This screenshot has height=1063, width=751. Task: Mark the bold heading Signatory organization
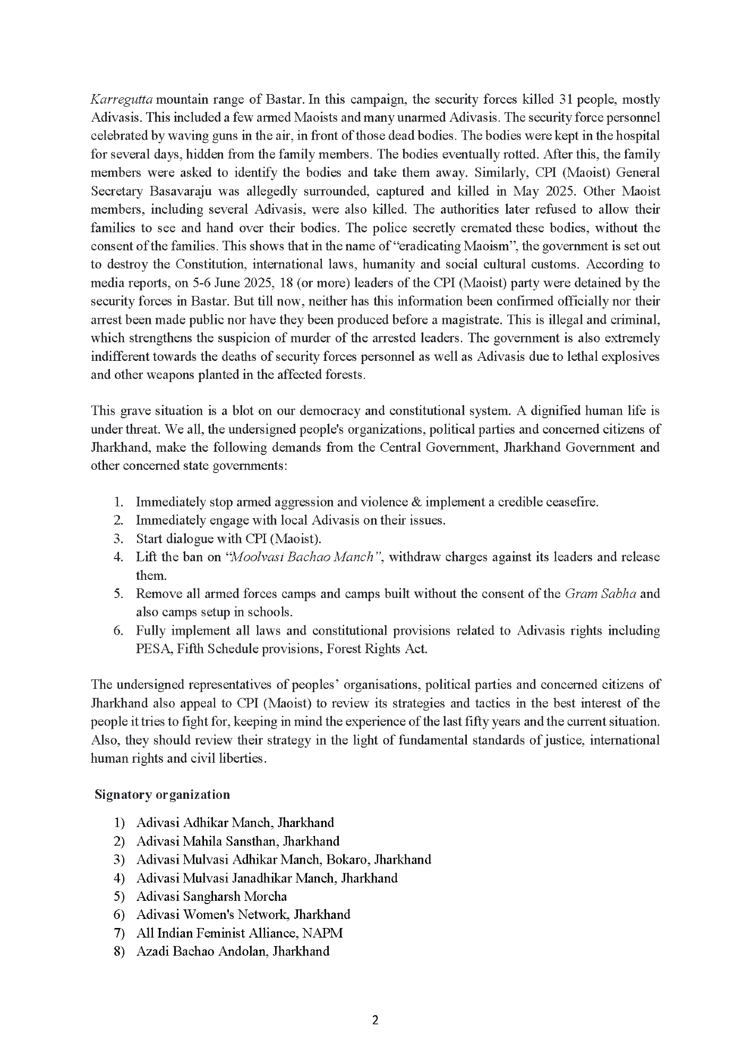[162, 795]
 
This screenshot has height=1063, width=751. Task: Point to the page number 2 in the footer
[375, 1020]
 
